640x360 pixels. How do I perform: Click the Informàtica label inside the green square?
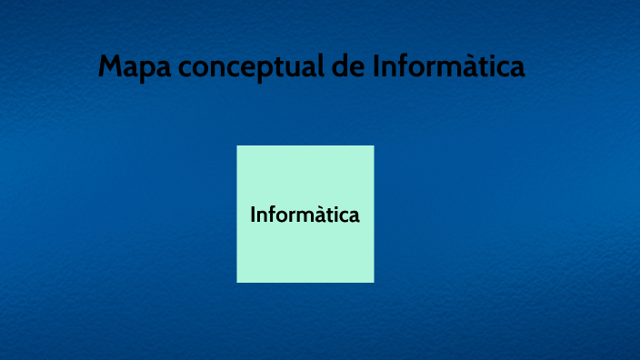tap(305, 215)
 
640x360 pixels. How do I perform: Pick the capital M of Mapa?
tap(111, 67)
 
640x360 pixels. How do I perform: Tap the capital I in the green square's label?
tap(253, 215)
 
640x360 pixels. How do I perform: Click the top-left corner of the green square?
tap(238, 146)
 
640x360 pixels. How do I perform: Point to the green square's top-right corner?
tap(373, 146)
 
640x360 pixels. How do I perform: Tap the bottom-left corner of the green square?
tap(238, 281)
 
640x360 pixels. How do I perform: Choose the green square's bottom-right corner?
tap(373, 281)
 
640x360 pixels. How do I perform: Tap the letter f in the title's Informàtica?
tap(404, 66)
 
